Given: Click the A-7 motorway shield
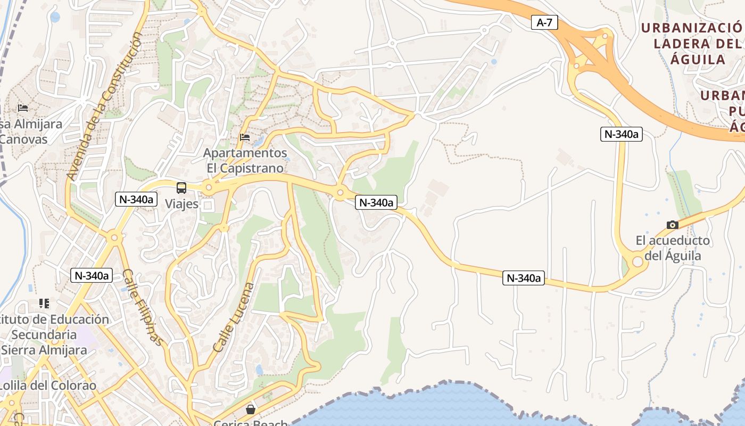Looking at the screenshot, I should pyautogui.click(x=544, y=22).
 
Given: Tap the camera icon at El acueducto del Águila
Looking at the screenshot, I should pyautogui.click(x=673, y=225).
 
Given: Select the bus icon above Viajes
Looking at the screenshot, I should pyautogui.click(x=181, y=188).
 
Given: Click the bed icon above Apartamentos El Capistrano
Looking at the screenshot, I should pyautogui.click(x=245, y=137).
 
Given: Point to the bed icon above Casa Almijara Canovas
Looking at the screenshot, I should pyautogui.click(x=23, y=108).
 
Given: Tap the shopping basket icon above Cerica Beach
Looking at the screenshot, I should pyautogui.click(x=250, y=409).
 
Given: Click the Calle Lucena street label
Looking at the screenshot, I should pyautogui.click(x=234, y=317).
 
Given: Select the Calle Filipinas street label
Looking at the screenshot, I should pyautogui.click(x=142, y=307).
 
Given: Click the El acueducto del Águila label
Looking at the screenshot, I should pyautogui.click(x=673, y=248).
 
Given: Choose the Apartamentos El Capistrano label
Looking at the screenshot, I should pyautogui.click(x=245, y=161).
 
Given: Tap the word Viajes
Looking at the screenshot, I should pyautogui.click(x=181, y=204).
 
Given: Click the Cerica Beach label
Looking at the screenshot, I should pyautogui.click(x=250, y=423).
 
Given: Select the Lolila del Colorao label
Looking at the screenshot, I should pyautogui.click(x=48, y=386).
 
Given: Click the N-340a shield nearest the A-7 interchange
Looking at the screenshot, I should pyautogui.click(x=621, y=134).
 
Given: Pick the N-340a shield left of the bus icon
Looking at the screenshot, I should pyautogui.click(x=137, y=199).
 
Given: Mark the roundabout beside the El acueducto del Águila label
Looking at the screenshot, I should pyautogui.click(x=637, y=261).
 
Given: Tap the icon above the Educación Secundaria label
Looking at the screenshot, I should pyautogui.click(x=44, y=304).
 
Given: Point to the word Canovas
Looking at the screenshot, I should pyautogui.click(x=23, y=140).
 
